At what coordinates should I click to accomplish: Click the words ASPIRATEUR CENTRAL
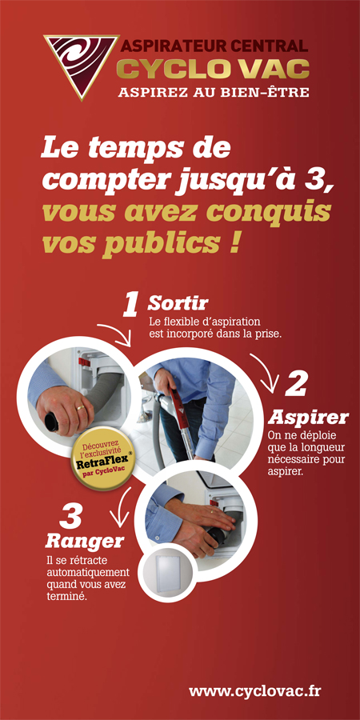click(x=214, y=46)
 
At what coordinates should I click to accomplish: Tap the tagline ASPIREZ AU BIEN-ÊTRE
click(x=214, y=92)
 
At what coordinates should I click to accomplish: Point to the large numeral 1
click(x=130, y=305)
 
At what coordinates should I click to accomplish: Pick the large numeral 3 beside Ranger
click(x=70, y=517)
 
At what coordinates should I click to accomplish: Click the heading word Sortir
click(x=178, y=303)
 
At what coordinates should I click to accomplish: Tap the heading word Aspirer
click(x=309, y=418)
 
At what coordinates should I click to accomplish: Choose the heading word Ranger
click(x=85, y=541)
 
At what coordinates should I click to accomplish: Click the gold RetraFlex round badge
click(x=104, y=458)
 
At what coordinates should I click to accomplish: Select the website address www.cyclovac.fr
click(x=255, y=690)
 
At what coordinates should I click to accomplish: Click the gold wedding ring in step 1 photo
click(x=81, y=407)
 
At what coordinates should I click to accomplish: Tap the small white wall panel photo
click(x=168, y=575)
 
